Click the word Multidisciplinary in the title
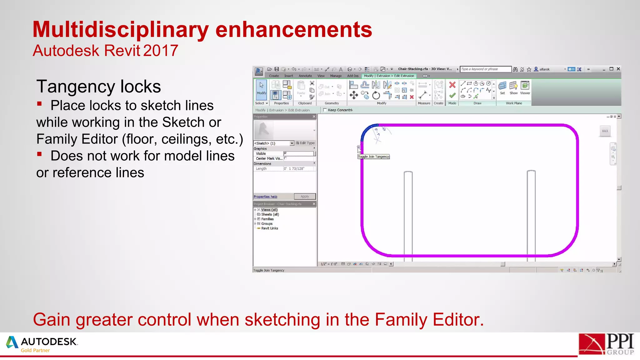coord(120,30)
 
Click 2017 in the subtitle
coord(161,51)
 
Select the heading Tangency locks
coord(98,87)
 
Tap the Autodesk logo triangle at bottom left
coord(12,342)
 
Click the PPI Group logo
coord(606,344)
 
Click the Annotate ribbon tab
coord(305,76)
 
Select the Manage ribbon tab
coord(336,76)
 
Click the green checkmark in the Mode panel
coord(452,95)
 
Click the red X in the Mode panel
coord(452,85)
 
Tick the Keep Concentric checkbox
coord(325,110)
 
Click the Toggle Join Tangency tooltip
coord(374,157)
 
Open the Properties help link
coord(265,197)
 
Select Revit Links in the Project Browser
coord(269,228)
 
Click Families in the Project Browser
coord(267,219)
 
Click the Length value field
coord(299,169)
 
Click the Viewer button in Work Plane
coord(525,88)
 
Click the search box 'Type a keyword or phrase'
coord(485,69)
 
